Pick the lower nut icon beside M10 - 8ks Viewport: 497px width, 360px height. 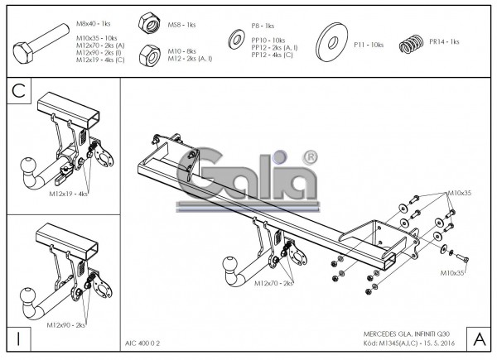(x=150, y=54)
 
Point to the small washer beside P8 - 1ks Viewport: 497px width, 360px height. (x=235, y=40)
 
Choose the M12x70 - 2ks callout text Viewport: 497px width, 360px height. (x=273, y=283)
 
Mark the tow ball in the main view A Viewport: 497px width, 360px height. (x=227, y=269)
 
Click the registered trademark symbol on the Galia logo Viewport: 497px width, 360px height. (x=311, y=156)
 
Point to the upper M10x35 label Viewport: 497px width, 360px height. (x=458, y=193)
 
